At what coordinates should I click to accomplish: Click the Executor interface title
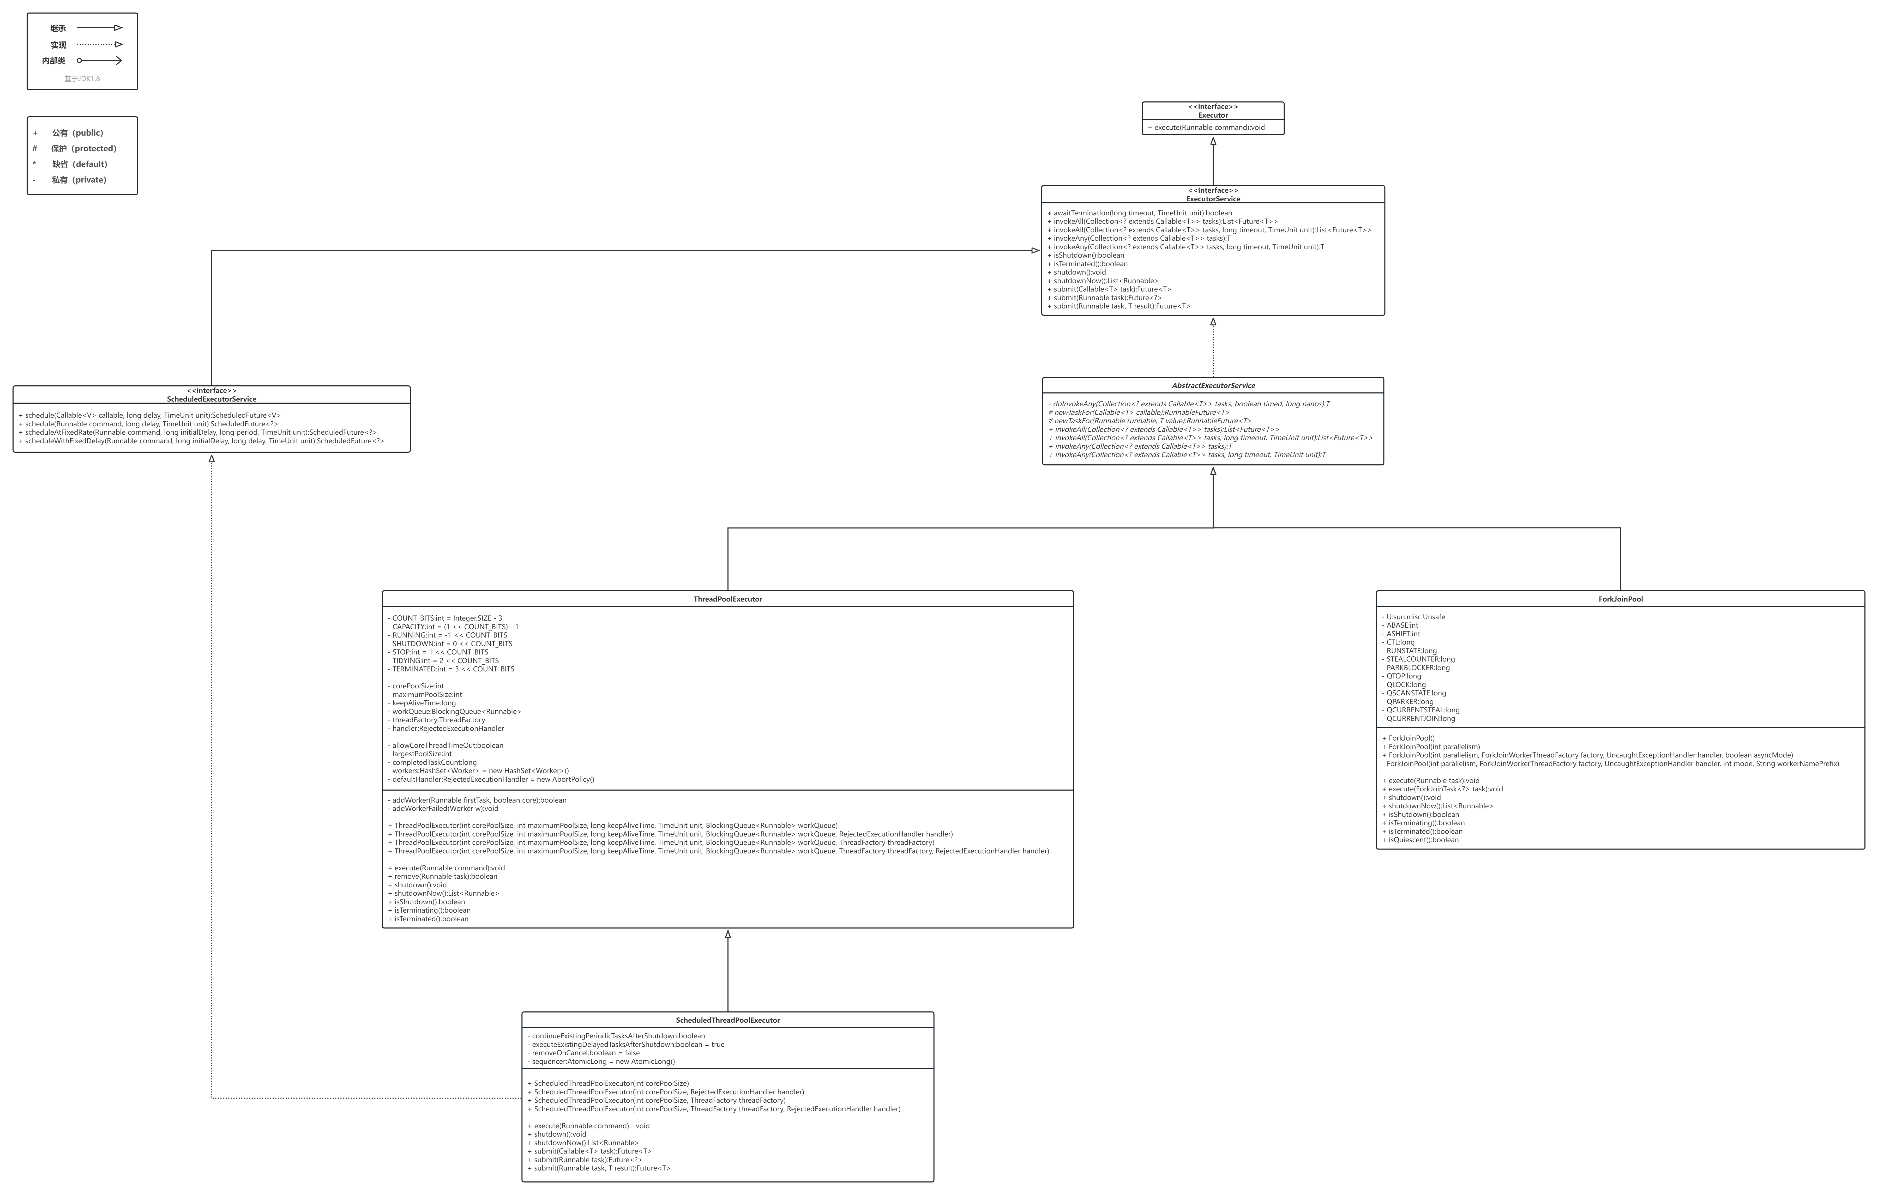tap(1213, 115)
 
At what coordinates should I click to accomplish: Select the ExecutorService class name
tap(1213, 199)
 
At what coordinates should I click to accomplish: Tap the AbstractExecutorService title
tap(1213, 386)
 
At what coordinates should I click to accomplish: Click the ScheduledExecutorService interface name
tap(211, 399)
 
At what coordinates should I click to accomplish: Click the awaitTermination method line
tap(1139, 213)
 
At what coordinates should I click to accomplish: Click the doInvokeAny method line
tap(1189, 404)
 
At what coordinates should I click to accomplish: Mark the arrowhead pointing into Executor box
tap(1213, 141)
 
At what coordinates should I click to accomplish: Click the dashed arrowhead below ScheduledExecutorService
tap(211, 459)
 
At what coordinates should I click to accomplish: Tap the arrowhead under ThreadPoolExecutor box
tap(728, 934)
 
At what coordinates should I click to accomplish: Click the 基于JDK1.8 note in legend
tap(82, 79)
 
